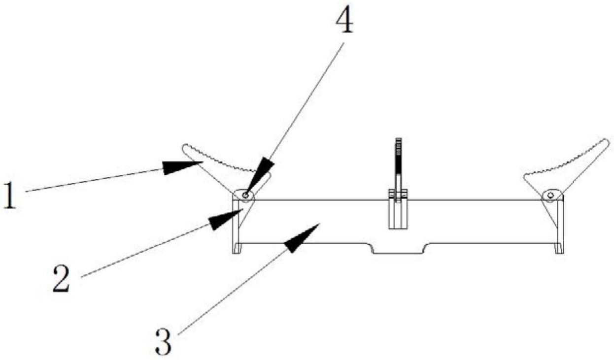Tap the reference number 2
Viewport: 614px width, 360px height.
pyautogui.click(x=62, y=278)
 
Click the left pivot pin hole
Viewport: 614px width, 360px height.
pyautogui.click(x=245, y=196)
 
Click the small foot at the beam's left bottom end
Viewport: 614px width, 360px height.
pyautogui.click(x=237, y=248)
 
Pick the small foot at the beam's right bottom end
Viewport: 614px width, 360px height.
pyautogui.click(x=559, y=248)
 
